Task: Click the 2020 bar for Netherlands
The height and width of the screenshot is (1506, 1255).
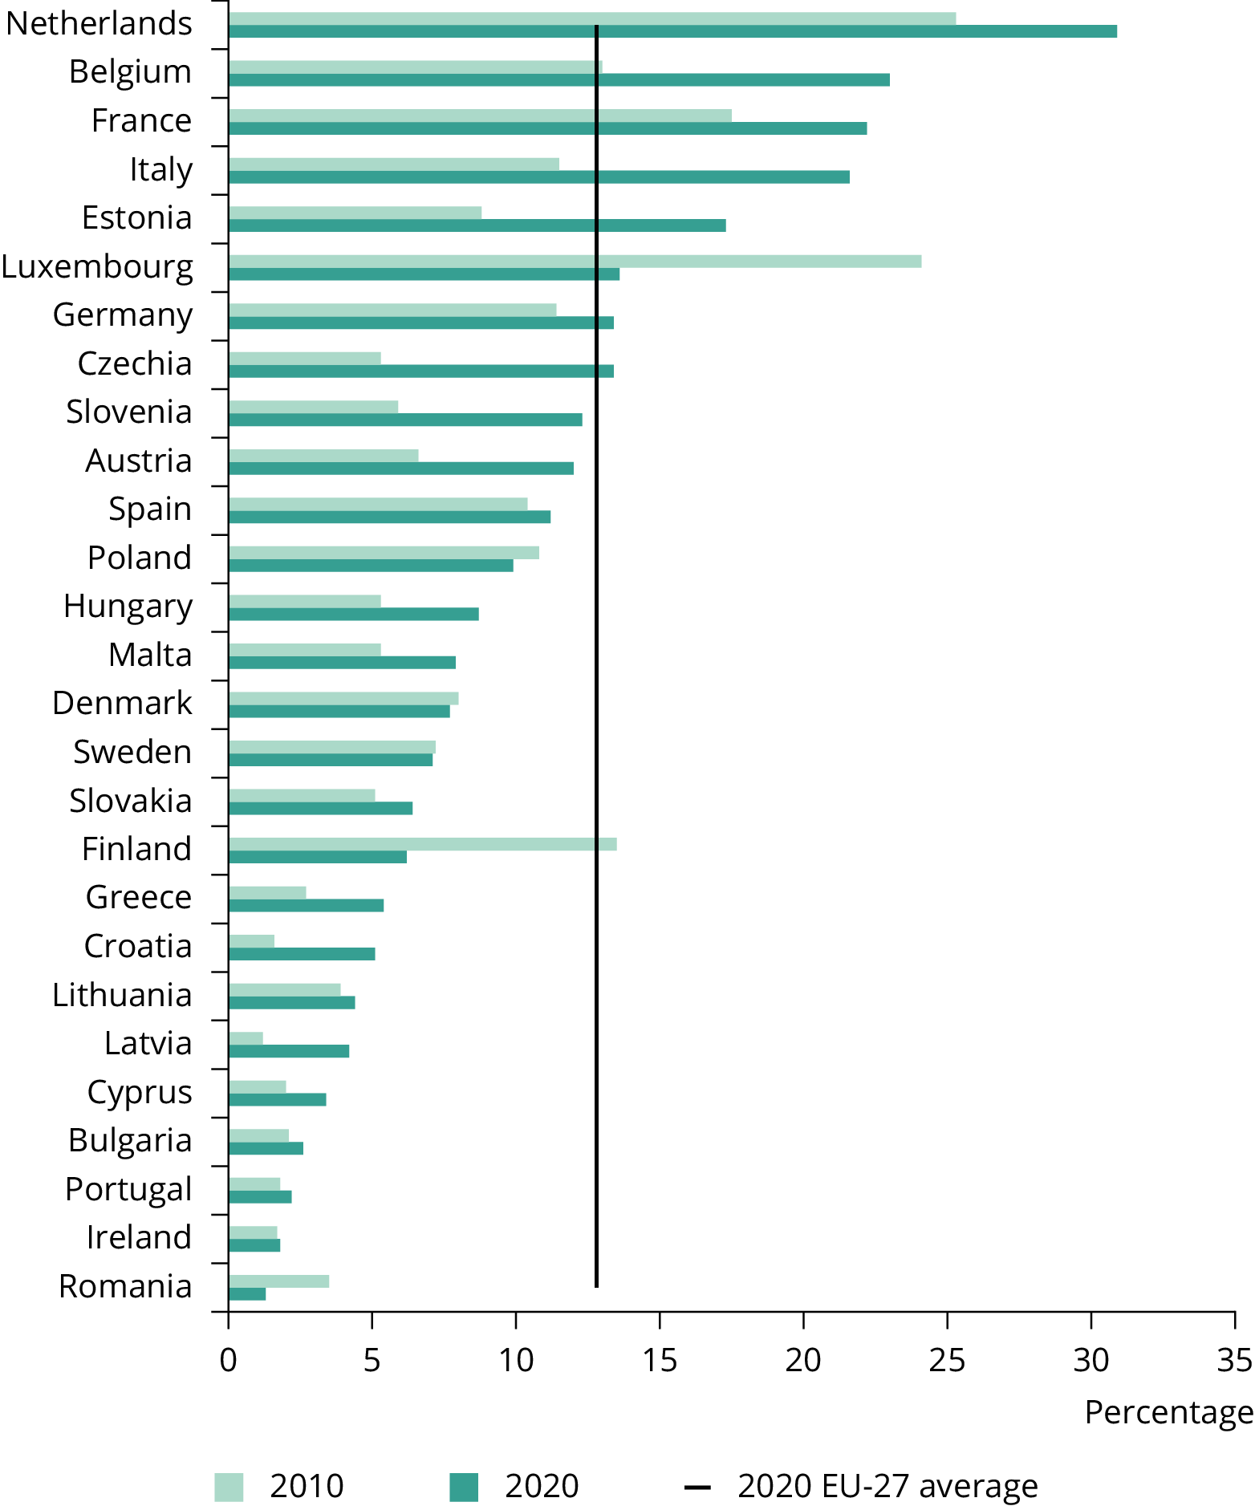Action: tap(672, 31)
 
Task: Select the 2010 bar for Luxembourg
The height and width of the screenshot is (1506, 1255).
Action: tap(575, 262)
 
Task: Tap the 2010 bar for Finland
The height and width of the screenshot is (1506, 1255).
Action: tap(422, 844)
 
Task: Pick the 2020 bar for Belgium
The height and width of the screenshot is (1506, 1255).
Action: tap(558, 79)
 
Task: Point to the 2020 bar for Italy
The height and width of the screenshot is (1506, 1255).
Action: tap(538, 177)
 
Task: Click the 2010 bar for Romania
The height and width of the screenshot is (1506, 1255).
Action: tap(278, 1281)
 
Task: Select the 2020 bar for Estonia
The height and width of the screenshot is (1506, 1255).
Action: tap(477, 225)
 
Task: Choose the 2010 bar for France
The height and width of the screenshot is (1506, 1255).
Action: tap(480, 116)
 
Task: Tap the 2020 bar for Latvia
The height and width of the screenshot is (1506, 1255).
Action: tap(288, 1051)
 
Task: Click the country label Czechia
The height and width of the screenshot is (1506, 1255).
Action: tap(135, 363)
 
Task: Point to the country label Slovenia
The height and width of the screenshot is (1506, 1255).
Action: tap(129, 412)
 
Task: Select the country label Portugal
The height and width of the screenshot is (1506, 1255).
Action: tap(128, 1189)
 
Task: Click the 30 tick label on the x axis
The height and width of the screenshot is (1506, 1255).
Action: tap(1091, 1360)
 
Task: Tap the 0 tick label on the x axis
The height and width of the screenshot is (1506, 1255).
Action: tap(228, 1360)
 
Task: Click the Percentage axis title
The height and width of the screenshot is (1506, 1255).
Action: tap(1168, 1412)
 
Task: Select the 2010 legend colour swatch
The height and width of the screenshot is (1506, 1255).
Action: tap(229, 1487)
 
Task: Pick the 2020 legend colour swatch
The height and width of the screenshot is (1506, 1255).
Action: tap(464, 1487)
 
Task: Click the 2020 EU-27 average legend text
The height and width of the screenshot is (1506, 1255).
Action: tap(887, 1487)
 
